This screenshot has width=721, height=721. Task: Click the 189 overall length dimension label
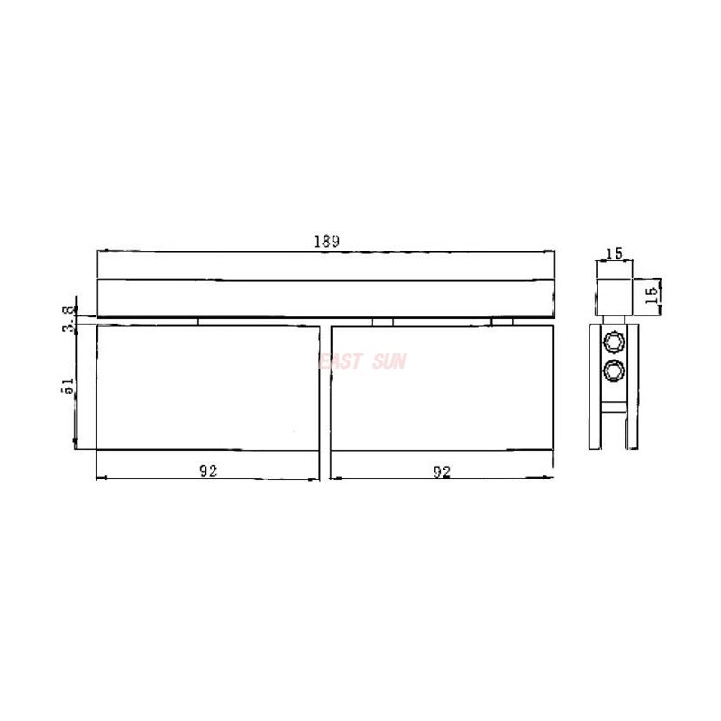coord(325,241)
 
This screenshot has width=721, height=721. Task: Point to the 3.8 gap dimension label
coord(68,319)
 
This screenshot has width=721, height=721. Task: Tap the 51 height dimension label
coord(68,385)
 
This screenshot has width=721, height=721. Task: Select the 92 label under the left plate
coord(207,470)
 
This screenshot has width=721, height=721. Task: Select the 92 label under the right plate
coord(442,470)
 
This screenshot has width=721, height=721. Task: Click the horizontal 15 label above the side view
coord(615,253)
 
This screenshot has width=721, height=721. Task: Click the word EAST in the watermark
coord(341,361)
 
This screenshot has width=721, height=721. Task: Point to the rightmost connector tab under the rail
coord(503,320)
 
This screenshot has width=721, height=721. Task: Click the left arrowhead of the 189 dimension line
coord(100,252)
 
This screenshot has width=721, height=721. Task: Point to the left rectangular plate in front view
coord(207,388)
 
